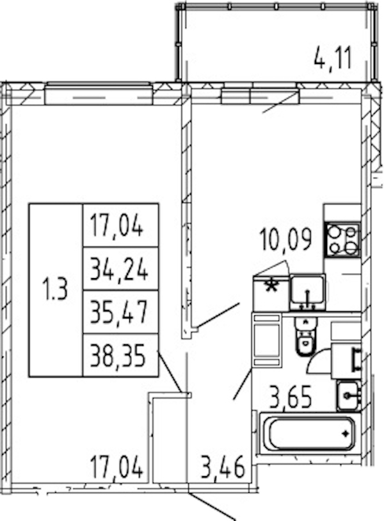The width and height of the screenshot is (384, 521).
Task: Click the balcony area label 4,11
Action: (x=332, y=58)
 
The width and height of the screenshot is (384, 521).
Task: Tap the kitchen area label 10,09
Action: (x=286, y=239)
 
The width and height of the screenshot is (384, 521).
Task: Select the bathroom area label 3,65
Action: (x=291, y=397)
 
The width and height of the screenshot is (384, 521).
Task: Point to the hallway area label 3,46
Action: (x=223, y=467)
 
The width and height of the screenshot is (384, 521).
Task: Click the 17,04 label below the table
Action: (x=117, y=467)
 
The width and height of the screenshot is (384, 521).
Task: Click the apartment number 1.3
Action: (x=55, y=290)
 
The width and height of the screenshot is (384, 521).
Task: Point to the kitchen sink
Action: (x=307, y=292)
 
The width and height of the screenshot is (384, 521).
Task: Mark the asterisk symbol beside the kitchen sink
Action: (x=272, y=286)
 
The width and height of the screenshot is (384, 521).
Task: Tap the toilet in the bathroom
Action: (x=306, y=336)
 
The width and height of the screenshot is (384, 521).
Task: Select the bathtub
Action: (x=310, y=433)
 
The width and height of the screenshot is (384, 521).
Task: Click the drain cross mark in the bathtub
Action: (x=346, y=434)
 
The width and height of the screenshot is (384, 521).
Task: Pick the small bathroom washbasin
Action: (x=348, y=395)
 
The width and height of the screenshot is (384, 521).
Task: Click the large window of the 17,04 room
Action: (x=99, y=94)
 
